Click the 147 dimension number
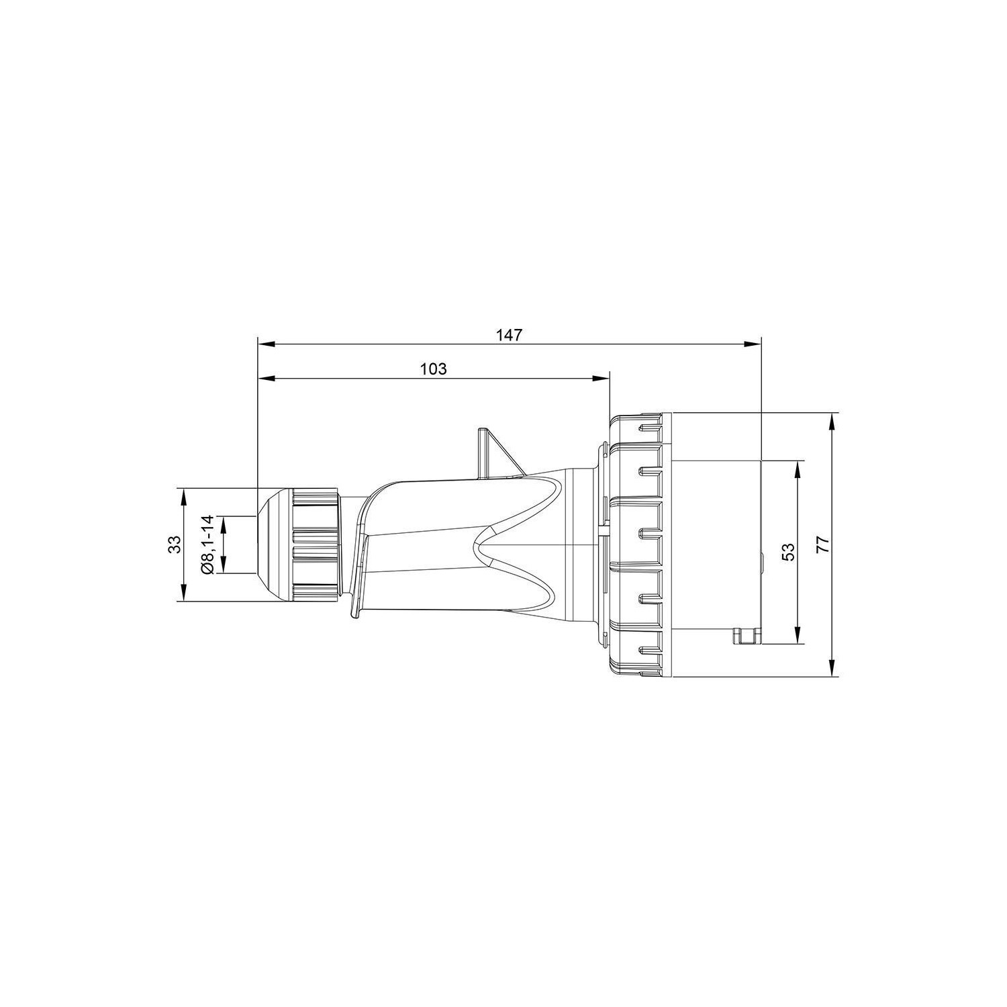click(x=510, y=334)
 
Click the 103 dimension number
click(x=434, y=369)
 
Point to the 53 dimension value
click(x=789, y=551)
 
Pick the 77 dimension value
click(x=824, y=544)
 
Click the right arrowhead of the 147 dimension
click(x=753, y=344)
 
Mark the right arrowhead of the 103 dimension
click(x=601, y=379)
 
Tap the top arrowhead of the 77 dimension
click(x=832, y=421)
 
